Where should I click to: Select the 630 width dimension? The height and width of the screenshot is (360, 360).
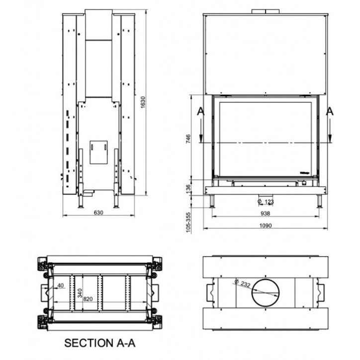[98, 212]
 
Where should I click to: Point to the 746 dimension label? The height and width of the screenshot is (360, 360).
[188, 139]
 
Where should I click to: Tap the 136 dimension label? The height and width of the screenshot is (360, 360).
[188, 188]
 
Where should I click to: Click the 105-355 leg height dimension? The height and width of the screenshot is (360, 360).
[188, 221]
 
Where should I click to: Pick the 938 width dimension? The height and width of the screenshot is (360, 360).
[265, 213]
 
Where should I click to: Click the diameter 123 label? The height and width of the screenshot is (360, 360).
[267, 201]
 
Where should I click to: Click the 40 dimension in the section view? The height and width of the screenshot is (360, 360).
[61, 285]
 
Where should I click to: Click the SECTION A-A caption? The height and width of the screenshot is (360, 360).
[100, 343]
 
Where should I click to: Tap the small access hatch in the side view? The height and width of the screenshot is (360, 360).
[98, 152]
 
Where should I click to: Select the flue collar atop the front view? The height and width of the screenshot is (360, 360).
[266, 11]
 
